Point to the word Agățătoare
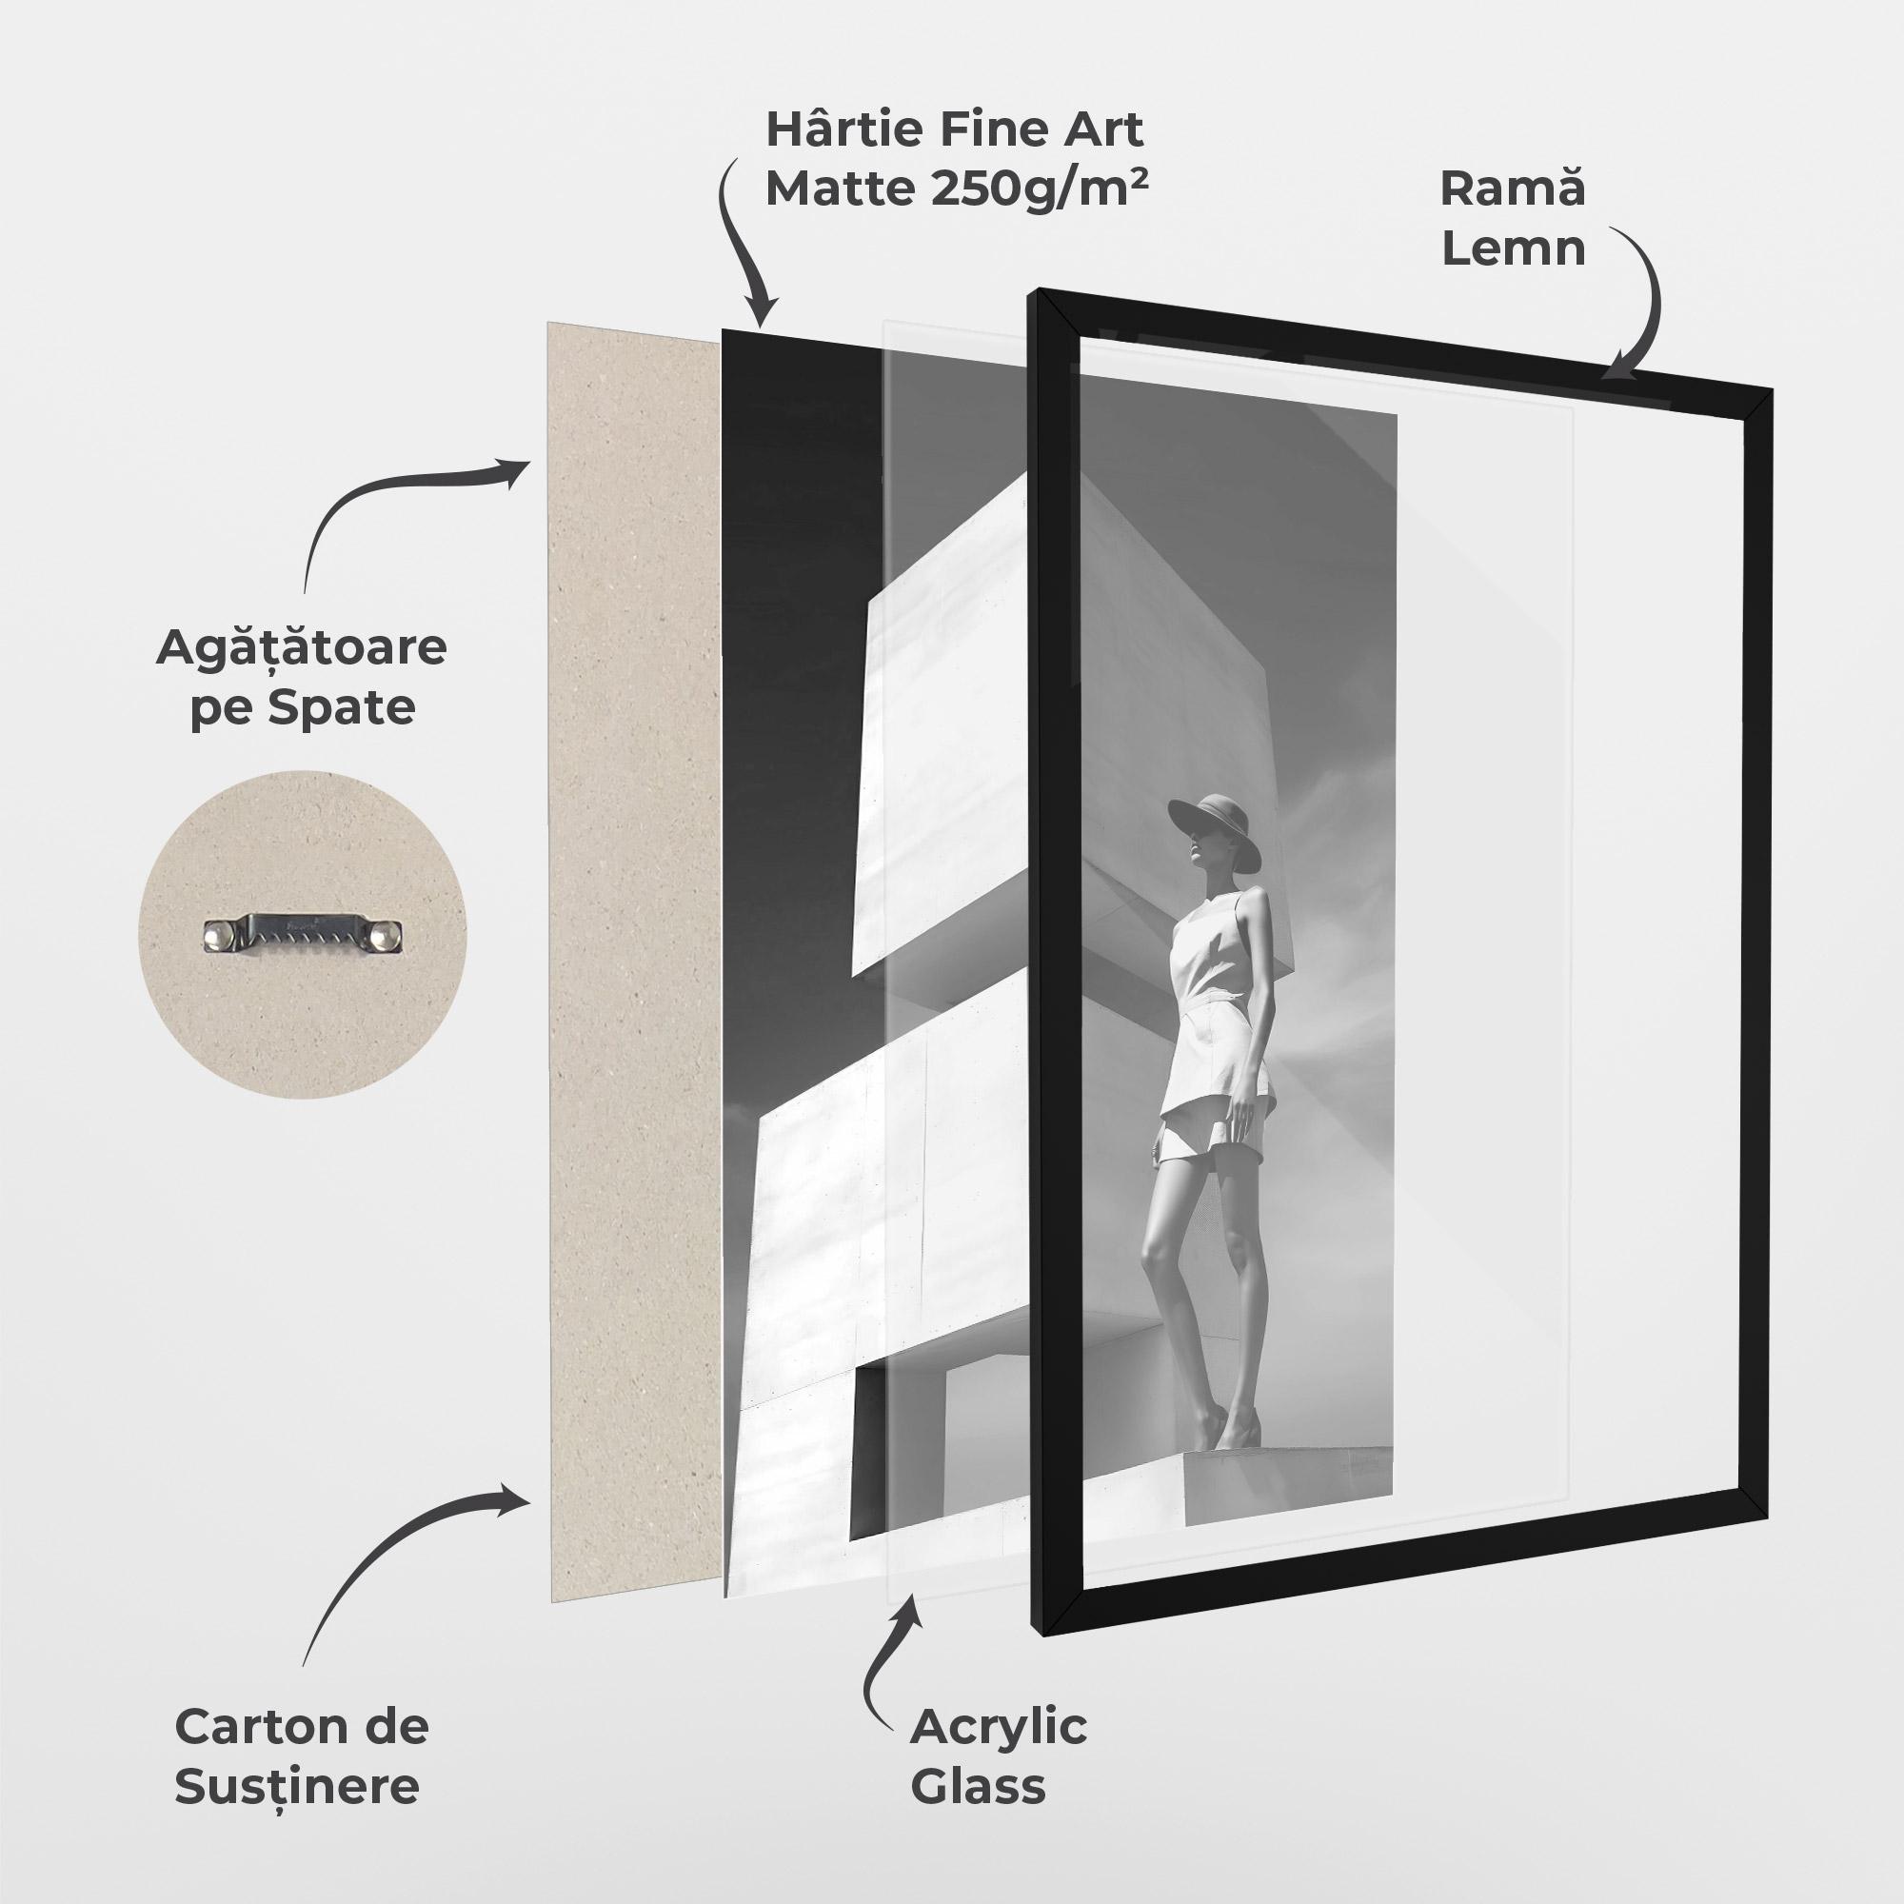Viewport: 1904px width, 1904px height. pyautogui.click(x=302, y=649)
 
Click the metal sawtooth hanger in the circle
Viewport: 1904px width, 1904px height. pyautogui.click(x=303, y=934)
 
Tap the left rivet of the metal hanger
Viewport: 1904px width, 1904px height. pyautogui.click(x=218, y=933)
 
